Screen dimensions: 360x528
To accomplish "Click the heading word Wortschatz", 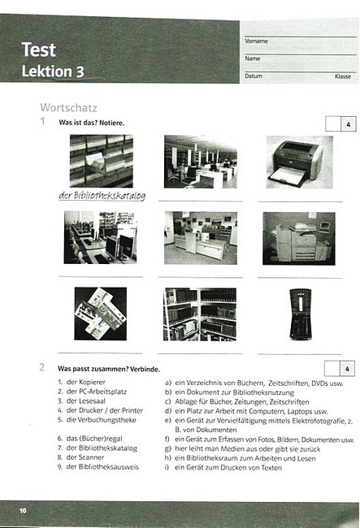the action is (69, 108).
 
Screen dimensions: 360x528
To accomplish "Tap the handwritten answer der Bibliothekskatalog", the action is (102, 196).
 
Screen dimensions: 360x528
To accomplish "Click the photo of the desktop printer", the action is (299, 162).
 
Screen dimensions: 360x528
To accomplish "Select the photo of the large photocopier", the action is (299, 238).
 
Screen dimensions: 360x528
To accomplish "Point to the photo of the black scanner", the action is (301, 314).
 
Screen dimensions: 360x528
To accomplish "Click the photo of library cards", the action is (101, 314).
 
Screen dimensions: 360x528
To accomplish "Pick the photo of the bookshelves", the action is (200, 314).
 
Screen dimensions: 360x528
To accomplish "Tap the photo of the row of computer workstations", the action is (100, 237).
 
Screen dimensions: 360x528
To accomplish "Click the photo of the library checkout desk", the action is (201, 238).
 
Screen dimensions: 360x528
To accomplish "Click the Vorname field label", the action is (256, 41).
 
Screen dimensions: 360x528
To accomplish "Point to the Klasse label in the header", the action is (343, 76).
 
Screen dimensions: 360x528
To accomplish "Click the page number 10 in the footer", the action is (23, 511).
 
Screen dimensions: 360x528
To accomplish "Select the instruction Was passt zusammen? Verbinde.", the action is (109, 369).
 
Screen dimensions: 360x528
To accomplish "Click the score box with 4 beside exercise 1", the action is (340, 124).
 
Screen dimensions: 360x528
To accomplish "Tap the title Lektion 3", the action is (53, 71).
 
